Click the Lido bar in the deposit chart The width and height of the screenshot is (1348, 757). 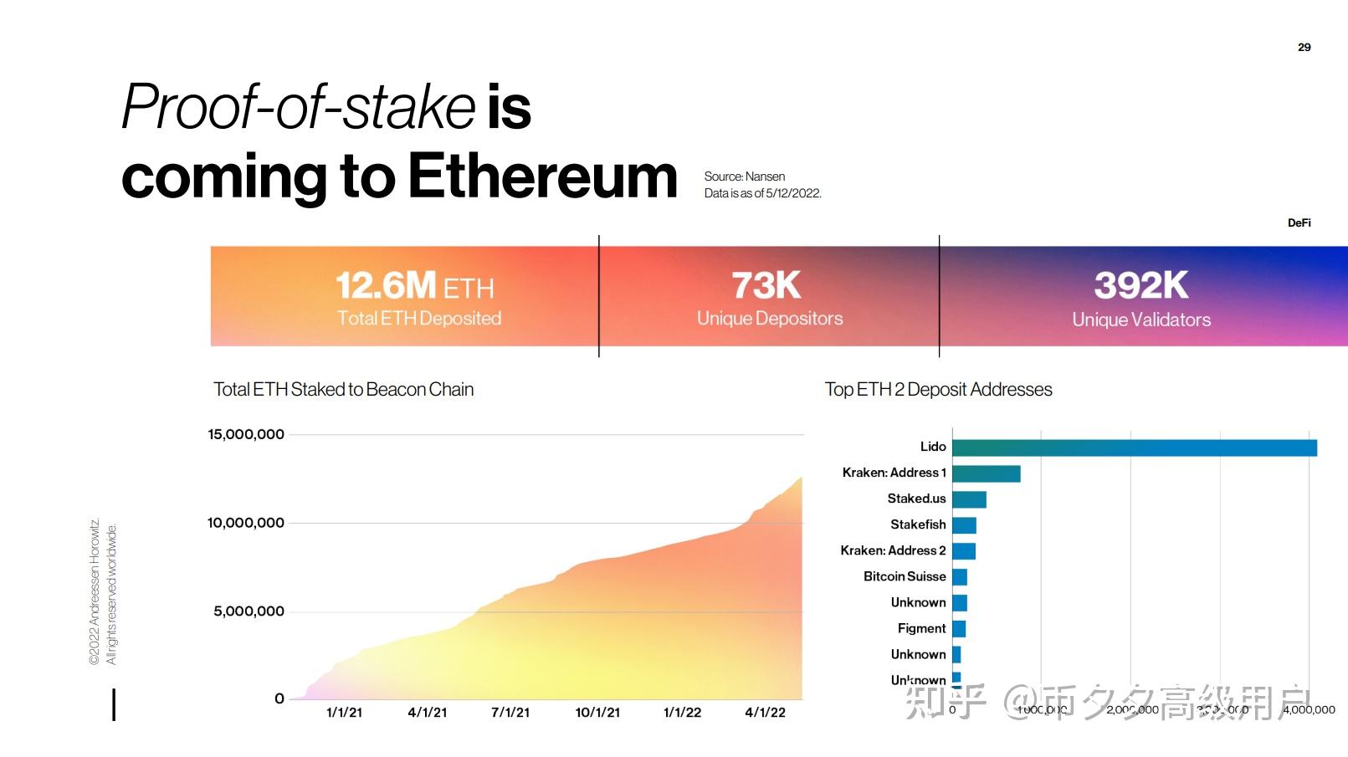pyautogui.click(x=1134, y=448)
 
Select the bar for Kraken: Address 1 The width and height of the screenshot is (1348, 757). pyautogui.click(x=986, y=473)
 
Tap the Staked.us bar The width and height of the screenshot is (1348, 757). pyautogui.click(x=969, y=499)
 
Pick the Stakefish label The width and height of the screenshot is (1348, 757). pyautogui.click(x=918, y=524)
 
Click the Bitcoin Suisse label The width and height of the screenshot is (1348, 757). pyautogui.click(x=905, y=576)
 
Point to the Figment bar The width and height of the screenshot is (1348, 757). pyautogui.click(x=959, y=629)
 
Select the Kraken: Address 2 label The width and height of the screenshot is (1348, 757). pyautogui.click(x=893, y=550)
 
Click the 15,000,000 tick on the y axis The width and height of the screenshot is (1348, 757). pyautogui.click(x=246, y=434)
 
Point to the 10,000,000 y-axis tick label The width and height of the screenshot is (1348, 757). pyautogui.click(x=246, y=523)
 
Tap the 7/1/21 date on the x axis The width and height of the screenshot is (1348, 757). pyautogui.click(x=510, y=713)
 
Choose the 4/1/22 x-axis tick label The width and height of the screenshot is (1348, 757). pyautogui.click(x=765, y=713)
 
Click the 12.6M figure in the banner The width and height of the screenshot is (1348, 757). pyautogui.click(x=386, y=285)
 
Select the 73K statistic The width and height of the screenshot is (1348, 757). pyautogui.click(x=766, y=285)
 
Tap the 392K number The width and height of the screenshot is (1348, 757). pyautogui.click(x=1141, y=285)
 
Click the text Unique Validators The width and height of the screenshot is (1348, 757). pyautogui.click(x=1141, y=320)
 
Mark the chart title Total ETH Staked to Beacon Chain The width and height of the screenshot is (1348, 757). pyautogui.click(x=343, y=389)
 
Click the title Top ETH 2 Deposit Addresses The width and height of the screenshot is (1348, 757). pyautogui.click(x=938, y=389)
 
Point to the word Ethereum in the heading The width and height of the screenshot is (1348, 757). pyautogui.click(x=542, y=176)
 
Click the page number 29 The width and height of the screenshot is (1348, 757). pyautogui.click(x=1304, y=47)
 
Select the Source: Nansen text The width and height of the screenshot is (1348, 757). pyautogui.click(x=745, y=176)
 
